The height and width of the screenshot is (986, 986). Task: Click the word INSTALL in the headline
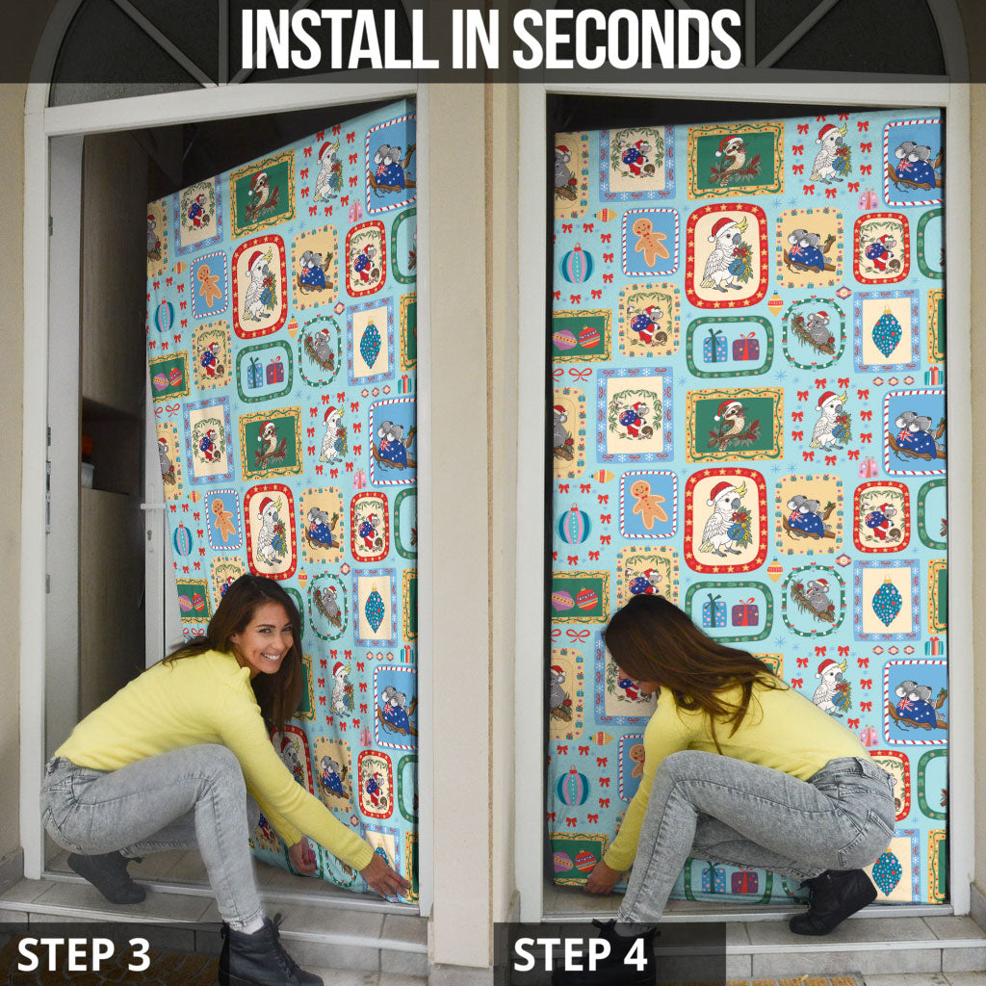point(340,39)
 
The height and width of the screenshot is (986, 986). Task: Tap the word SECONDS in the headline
point(627,39)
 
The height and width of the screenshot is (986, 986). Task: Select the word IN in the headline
point(476,39)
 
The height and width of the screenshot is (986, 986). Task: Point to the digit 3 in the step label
point(138,954)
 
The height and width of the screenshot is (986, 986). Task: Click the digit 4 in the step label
point(635,954)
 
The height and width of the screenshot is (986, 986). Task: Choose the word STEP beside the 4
point(562,954)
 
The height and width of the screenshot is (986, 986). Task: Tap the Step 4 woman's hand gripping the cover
point(601,878)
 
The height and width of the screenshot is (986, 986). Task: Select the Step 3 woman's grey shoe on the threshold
point(107,876)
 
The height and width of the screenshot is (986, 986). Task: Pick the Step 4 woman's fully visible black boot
point(833,901)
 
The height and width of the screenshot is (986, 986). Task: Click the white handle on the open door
point(152,506)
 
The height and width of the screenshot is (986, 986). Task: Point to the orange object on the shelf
point(87,448)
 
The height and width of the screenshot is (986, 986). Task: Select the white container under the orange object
point(88,475)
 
